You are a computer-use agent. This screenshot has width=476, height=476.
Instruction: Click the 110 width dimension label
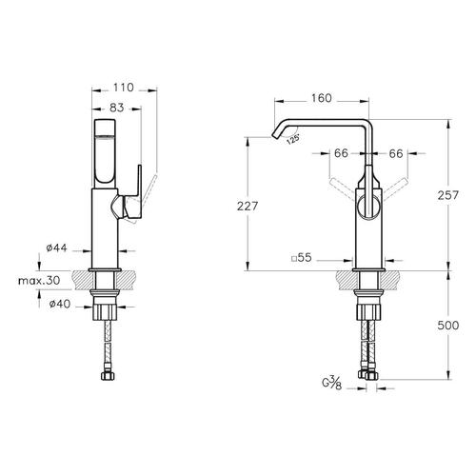pos(124,88)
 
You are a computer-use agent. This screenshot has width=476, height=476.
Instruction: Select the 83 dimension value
pos(116,108)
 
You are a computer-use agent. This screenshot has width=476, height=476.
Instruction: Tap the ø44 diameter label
pos(56,248)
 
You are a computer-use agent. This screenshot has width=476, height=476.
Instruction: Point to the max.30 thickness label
pos(39,281)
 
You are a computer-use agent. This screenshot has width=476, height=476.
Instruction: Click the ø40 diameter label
pos(60,304)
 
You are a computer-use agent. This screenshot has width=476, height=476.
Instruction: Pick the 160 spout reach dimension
pos(321,98)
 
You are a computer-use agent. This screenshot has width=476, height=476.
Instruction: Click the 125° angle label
pos(293,139)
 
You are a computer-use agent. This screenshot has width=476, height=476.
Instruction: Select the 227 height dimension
pos(248,207)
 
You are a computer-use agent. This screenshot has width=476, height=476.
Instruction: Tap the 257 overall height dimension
pos(448,195)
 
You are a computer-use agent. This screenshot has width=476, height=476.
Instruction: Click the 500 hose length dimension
pos(448,326)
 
